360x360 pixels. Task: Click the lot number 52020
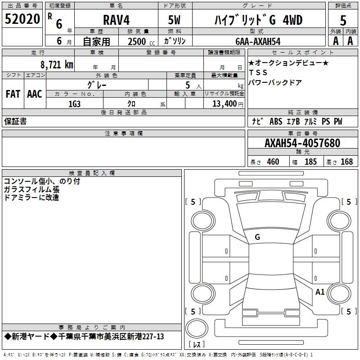[x=22, y=19]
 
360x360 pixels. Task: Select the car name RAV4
[x=117, y=20]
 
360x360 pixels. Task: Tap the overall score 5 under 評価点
[x=343, y=20]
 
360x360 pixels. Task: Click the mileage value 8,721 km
[x=57, y=64]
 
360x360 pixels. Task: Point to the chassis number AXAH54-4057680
[x=302, y=143]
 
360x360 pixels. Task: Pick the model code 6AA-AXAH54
[x=258, y=41]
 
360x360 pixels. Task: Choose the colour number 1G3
[x=74, y=104]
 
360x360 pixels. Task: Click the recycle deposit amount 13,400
[x=224, y=104]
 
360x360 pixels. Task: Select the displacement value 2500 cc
[x=141, y=41]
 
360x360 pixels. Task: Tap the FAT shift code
[x=13, y=94]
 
